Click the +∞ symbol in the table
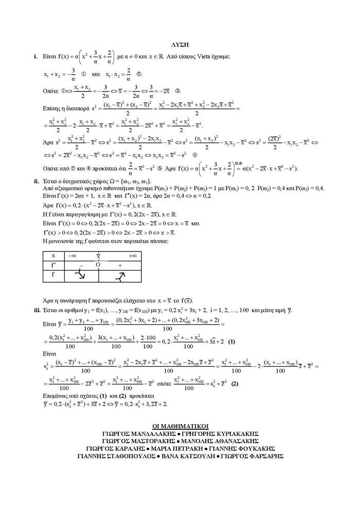132,256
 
